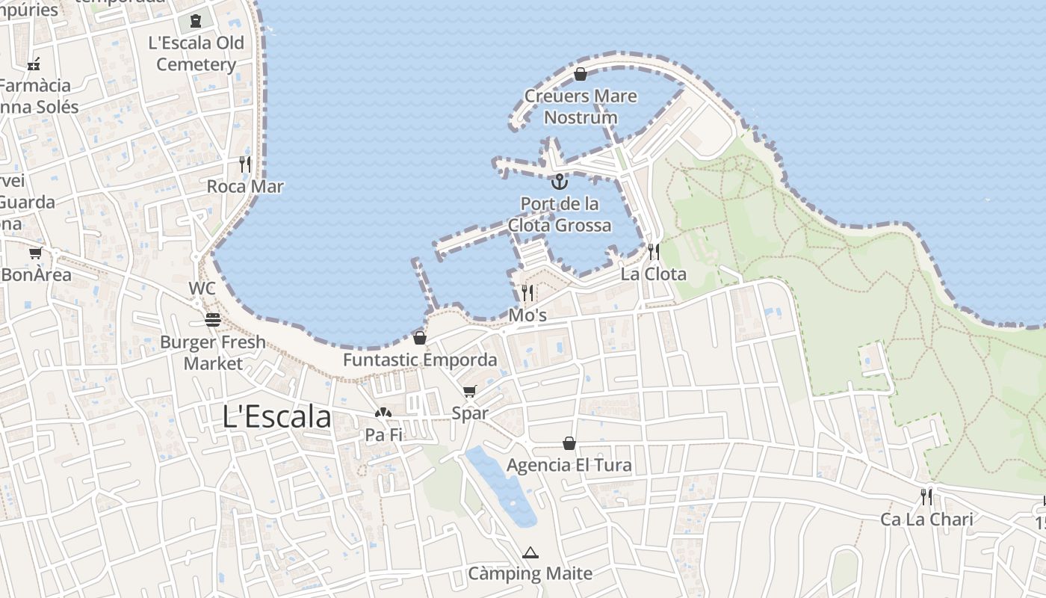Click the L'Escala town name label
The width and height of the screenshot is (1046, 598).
coord(276,417)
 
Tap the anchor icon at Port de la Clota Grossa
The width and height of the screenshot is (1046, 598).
coord(559,182)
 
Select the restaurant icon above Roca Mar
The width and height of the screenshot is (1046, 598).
coord(245,164)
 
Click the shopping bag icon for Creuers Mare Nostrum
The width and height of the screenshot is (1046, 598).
coord(580,74)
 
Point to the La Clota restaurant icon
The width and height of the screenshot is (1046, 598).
coord(653,252)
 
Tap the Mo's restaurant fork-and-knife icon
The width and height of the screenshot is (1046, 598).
coord(527,293)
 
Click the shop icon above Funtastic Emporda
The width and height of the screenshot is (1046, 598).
coord(420,339)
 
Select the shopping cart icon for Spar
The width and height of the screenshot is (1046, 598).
coord(469,392)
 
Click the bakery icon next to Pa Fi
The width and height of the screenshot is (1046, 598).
coord(383,413)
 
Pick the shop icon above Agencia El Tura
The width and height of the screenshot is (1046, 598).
coord(569,444)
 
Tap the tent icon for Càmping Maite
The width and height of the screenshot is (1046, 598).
coord(530,553)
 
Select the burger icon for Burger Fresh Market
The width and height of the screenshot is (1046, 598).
coord(214,321)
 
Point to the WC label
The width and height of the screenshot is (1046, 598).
coord(202,289)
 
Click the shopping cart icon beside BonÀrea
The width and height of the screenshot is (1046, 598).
coord(35,253)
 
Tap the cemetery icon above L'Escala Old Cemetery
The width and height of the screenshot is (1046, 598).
coord(196,21)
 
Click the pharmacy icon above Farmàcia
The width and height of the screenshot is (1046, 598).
coord(34,64)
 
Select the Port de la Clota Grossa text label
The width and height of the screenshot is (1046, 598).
coord(560,214)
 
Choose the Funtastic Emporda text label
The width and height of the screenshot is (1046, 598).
coord(420,360)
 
